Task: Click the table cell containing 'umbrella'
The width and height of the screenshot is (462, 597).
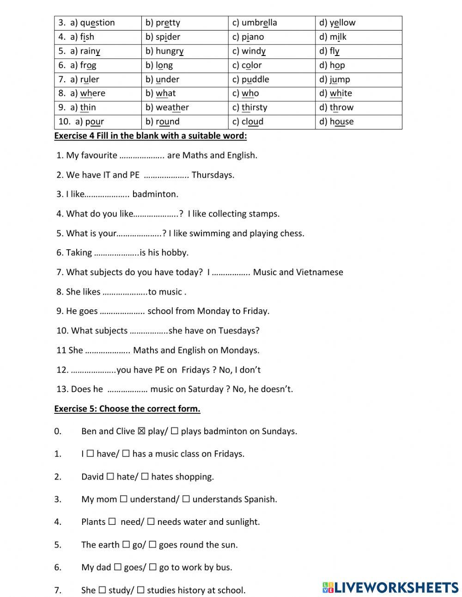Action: click(x=272, y=23)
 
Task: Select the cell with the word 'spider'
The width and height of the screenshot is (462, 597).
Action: click(x=184, y=37)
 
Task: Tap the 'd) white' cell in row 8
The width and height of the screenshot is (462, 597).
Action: click(x=359, y=93)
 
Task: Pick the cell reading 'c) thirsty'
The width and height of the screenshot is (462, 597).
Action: click(x=272, y=107)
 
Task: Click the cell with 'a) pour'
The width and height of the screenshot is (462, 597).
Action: click(x=97, y=122)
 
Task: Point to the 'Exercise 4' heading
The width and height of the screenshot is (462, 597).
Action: click(x=151, y=136)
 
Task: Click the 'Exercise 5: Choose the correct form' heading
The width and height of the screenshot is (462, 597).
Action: click(x=127, y=409)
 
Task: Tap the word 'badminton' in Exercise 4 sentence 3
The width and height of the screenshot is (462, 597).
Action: click(x=155, y=194)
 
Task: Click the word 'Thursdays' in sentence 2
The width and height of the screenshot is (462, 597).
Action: click(x=213, y=175)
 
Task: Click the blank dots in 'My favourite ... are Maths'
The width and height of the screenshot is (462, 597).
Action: click(x=142, y=156)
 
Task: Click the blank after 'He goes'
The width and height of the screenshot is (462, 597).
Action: click(x=122, y=311)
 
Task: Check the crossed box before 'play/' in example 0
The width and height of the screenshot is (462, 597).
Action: click(x=141, y=431)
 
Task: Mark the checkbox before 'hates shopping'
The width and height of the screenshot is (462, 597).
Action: click(x=145, y=476)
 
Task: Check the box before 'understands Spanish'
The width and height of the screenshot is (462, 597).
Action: click(x=186, y=499)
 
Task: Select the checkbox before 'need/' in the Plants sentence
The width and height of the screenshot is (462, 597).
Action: click(x=112, y=522)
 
